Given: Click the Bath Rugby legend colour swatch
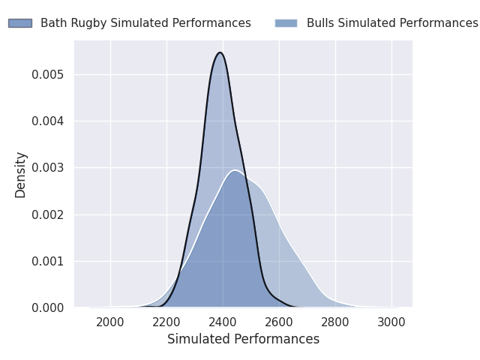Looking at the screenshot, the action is pos(20,23).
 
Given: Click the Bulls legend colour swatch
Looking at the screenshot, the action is pos(286,23).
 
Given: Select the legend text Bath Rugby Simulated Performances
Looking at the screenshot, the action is pos(145,23).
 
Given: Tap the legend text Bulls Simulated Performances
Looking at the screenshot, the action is pos(392,23).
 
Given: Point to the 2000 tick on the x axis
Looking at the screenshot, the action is pos(110,322).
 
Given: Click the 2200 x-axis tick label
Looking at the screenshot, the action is pos(166,322).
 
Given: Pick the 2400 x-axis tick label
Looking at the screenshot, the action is pos(223,322).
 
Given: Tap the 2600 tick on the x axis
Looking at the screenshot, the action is pos(279,322).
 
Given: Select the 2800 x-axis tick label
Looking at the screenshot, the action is pos(335,322).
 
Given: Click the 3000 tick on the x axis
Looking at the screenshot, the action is pos(391,322).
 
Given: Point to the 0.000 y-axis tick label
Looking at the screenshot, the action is pos(48,308).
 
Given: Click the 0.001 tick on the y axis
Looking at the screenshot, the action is pos(48,262).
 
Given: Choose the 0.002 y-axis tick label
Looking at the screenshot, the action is pos(48,215).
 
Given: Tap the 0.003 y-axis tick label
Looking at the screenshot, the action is pos(48,168).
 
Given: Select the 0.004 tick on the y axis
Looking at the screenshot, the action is pos(48,121).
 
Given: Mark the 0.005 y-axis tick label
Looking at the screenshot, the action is pos(48,75).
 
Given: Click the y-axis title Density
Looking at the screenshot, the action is pos(20,175).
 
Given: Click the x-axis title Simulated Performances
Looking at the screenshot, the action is pos(243,339).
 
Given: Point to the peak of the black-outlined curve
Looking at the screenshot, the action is pos(220,52).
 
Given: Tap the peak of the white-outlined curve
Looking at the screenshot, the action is pos(235,170).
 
